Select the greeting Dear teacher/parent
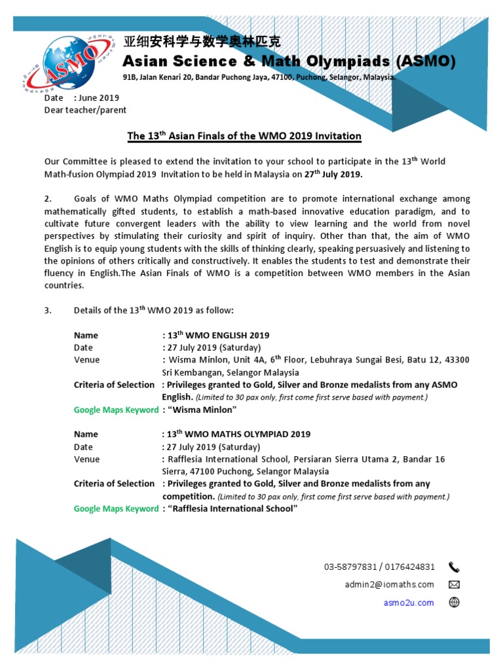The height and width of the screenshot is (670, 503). click(x=85, y=110)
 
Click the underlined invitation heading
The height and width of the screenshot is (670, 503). click(x=244, y=136)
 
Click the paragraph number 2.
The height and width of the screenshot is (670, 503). click(x=47, y=199)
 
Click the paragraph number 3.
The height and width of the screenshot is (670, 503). click(x=47, y=310)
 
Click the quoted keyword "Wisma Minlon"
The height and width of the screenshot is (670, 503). click(x=202, y=410)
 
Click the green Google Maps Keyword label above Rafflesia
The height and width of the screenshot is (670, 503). click(x=116, y=508)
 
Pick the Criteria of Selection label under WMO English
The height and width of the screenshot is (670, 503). click(x=114, y=385)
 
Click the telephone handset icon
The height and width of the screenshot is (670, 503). click(x=454, y=567)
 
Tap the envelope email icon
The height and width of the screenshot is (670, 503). click(x=454, y=584)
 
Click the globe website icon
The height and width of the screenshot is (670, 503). click(x=454, y=603)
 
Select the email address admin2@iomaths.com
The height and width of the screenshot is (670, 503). click(x=389, y=584)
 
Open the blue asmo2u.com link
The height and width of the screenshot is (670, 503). click(x=409, y=603)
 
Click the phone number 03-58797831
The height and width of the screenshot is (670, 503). click(x=350, y=567)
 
